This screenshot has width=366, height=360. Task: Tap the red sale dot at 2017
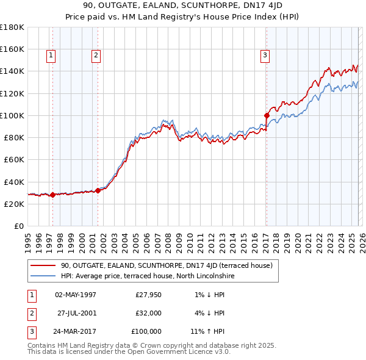click(x=267, y=115)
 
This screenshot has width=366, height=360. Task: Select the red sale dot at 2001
click(x=98, y=190)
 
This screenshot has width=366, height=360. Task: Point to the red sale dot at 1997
click(x=52, y=195)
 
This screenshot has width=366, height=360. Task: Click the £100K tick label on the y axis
click(x=12, y=115)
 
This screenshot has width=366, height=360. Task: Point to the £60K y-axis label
click(x=13, y=159)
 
